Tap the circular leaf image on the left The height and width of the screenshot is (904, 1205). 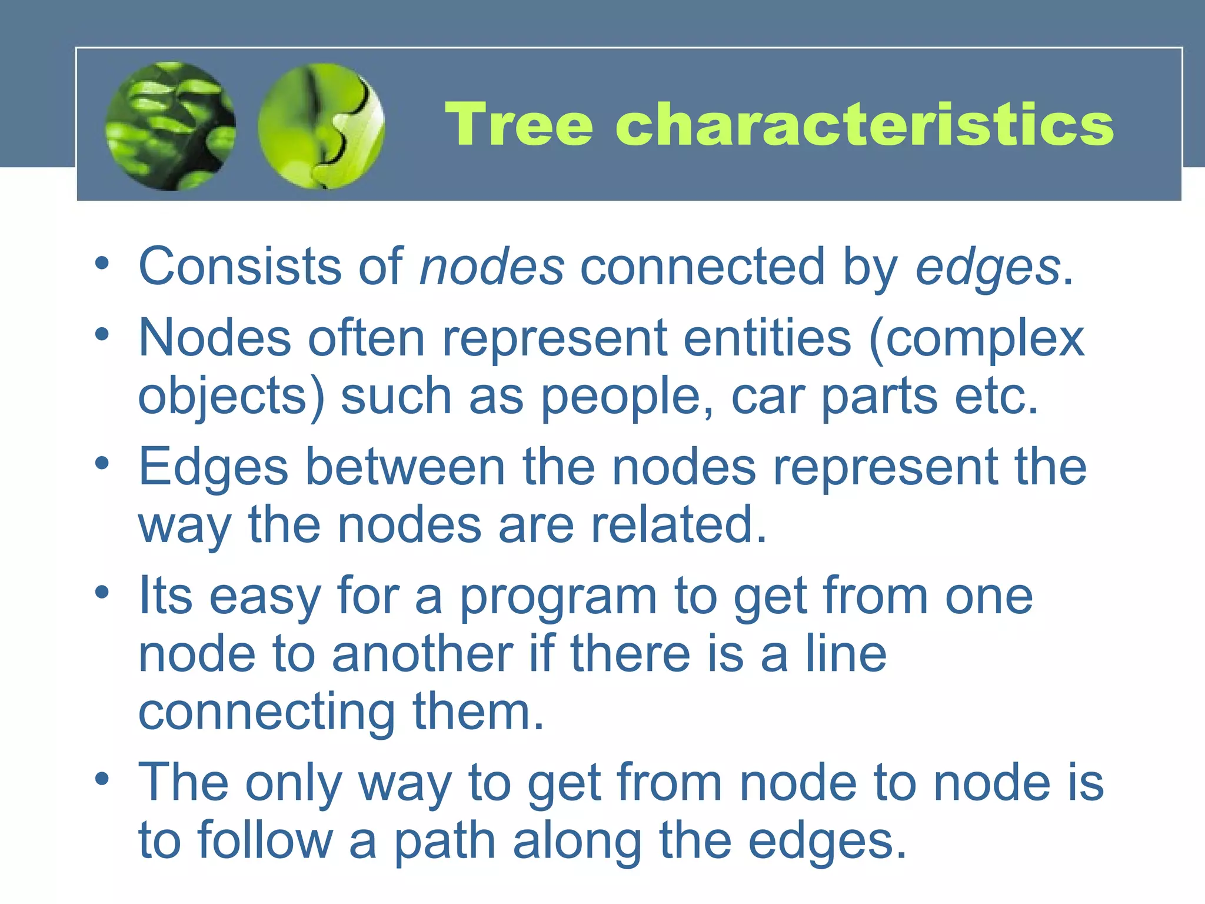pyautogui.click(x=171, y=126)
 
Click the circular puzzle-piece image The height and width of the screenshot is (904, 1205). pyautogui.click(x=321, y=126)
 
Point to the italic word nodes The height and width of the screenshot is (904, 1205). pyautogui.click(x=491, y=267)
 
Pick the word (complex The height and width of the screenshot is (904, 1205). pyautogui.click(x=977, y=339)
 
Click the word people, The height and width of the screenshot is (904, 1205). pyautogui.click(x=627, y=397)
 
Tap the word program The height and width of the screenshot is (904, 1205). pyautogui.click(x=558, y=597)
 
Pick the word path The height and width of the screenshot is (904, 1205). pyautogui.click(x=444, y=841)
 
